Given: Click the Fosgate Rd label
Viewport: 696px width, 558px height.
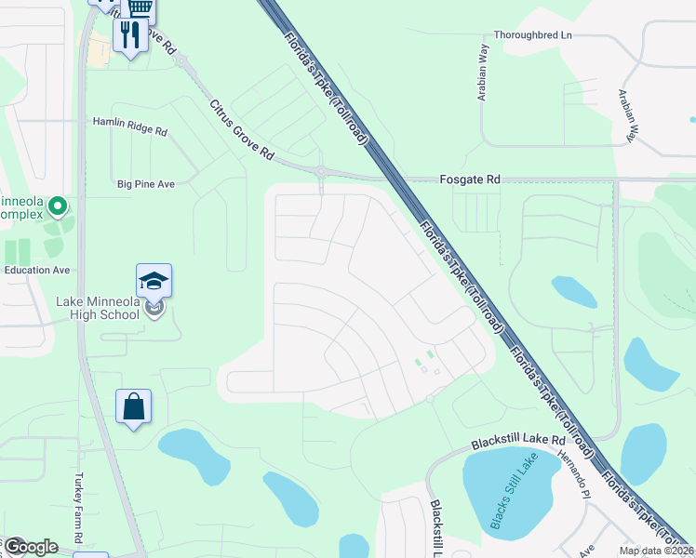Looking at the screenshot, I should [x=470, y=179].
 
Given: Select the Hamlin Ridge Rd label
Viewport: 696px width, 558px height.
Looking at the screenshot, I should [x=129, y=122].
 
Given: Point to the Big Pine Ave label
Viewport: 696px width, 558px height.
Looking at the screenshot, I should [x=146, y=184].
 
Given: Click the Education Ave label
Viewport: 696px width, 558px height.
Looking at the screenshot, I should [x=37, y=270].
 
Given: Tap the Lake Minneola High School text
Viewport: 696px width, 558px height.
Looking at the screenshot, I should [x=98, y=308].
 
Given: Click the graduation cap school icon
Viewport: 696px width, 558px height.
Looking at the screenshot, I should [x=154, y=280].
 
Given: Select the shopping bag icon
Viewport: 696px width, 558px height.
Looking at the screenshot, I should [x=133, y=406].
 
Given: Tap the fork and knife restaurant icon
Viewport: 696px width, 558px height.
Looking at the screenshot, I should [x=129, y=34].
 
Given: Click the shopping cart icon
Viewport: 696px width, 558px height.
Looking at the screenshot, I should [x=141, y=7].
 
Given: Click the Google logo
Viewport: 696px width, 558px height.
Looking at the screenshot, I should [x=30, y=547].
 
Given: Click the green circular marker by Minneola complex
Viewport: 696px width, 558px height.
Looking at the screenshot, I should [x=58, y=205].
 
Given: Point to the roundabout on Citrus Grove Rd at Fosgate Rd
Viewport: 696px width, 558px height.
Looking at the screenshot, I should [x=321, y=171].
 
